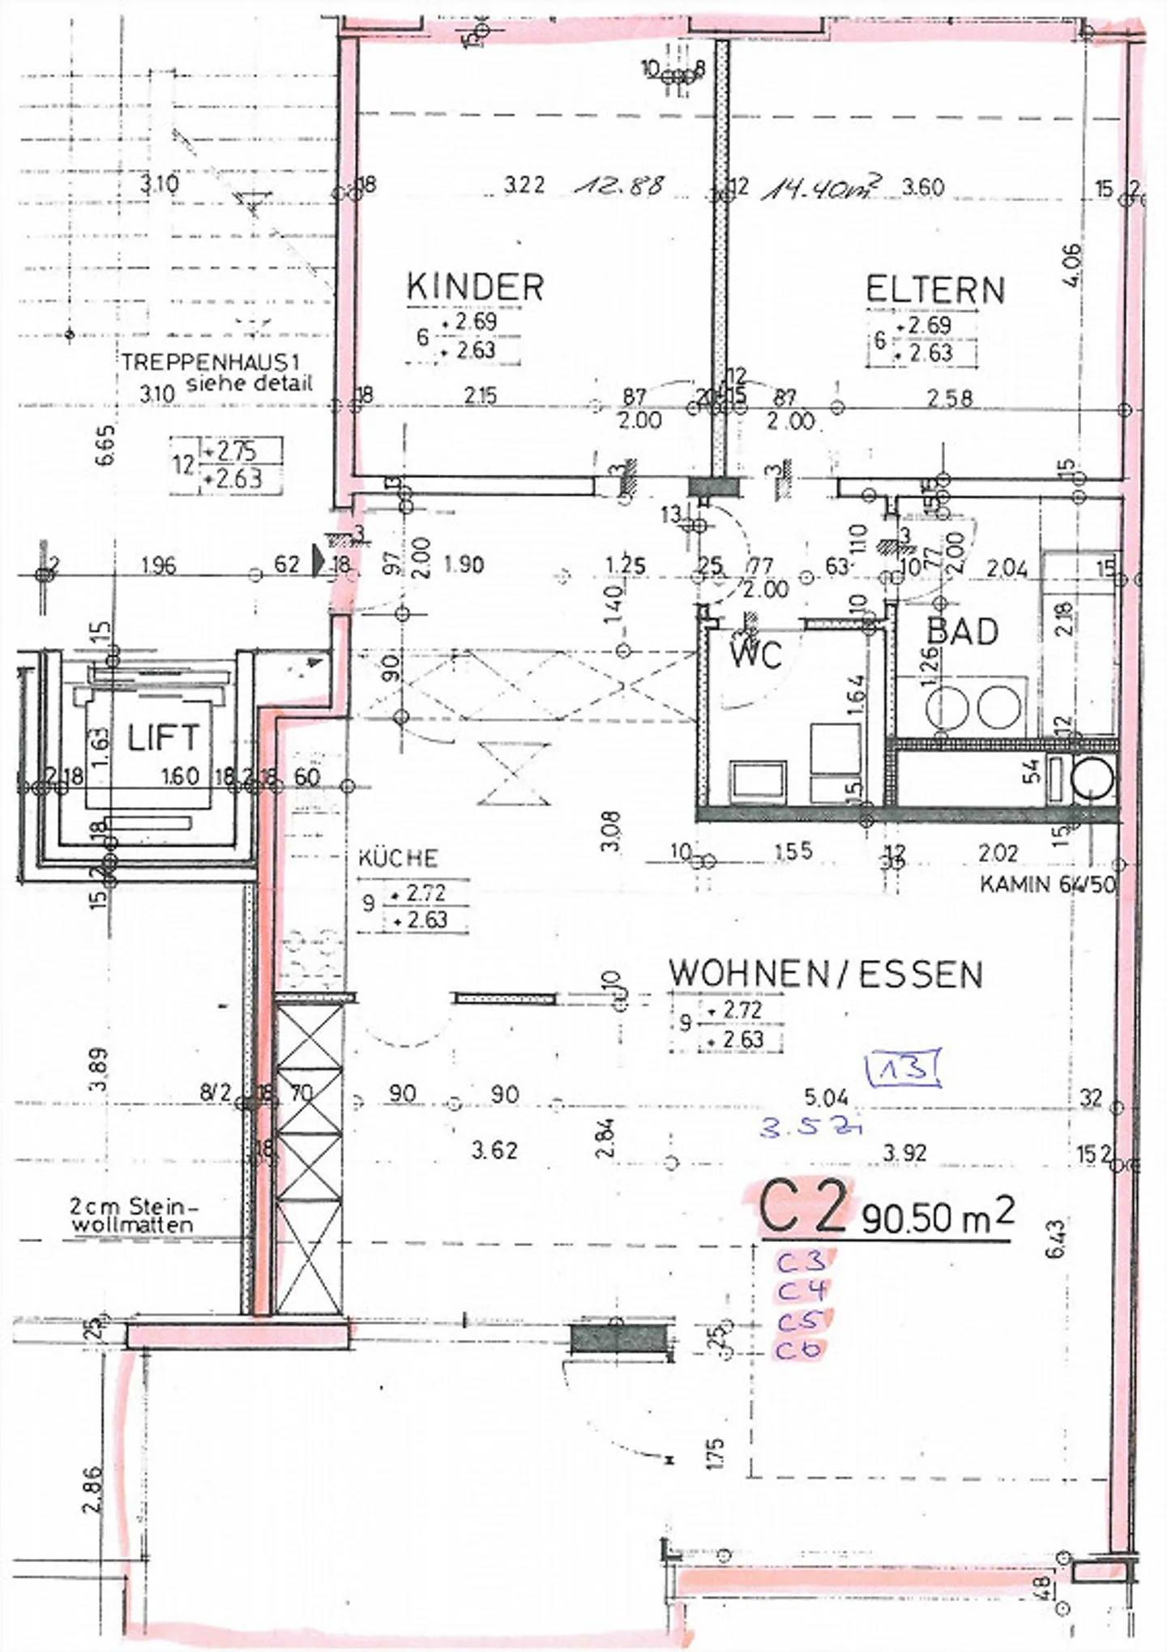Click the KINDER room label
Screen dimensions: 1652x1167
(475, 287)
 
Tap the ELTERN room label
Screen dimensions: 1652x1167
(935, 290)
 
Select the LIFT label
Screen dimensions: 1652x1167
(163, 738)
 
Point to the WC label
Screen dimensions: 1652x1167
(756, 654)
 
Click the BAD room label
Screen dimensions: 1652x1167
(962, 632)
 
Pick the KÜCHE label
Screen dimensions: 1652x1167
(398, 858)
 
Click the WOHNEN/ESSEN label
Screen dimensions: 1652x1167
(826, 974)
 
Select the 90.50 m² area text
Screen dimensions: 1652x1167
(937, 1215)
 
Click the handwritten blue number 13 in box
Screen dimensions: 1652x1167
(903, 1069)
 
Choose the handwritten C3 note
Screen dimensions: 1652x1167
(802, 1261)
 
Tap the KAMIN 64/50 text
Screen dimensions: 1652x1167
(1048, 884)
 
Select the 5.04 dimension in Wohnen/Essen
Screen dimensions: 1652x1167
(825, 1098)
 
